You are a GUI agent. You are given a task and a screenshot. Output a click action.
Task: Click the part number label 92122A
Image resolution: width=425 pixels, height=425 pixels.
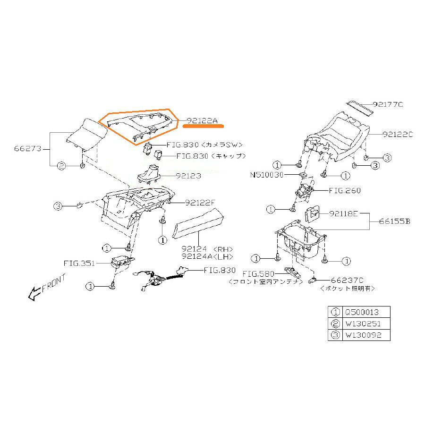202,120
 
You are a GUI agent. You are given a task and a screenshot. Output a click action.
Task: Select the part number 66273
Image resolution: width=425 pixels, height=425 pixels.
28,149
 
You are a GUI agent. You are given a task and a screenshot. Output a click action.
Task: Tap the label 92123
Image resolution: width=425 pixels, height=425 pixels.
188,176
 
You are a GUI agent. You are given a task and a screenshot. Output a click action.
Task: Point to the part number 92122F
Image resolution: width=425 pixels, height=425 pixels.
200,203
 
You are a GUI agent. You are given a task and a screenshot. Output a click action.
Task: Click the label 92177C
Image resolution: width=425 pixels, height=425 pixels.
388,104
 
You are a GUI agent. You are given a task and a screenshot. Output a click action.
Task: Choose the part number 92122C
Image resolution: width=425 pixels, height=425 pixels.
398,135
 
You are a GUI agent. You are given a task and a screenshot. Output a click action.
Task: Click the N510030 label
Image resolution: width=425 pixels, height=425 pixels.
267,175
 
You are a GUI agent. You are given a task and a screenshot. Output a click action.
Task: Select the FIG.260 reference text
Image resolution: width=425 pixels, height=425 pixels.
345,191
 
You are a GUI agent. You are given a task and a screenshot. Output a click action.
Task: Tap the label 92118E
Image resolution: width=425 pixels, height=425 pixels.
344,214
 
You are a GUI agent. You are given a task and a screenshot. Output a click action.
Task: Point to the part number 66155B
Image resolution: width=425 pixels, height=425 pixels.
395,221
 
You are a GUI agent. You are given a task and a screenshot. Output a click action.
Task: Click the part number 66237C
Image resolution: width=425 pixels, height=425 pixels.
347,280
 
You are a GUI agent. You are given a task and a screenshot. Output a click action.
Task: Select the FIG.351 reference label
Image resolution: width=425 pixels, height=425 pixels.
79,263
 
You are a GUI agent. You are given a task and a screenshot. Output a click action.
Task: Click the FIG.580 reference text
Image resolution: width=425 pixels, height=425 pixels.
258,274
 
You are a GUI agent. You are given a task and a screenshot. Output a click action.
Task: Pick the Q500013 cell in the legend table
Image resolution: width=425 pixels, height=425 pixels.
362,312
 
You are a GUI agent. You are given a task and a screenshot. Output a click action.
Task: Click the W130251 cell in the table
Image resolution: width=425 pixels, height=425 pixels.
363,323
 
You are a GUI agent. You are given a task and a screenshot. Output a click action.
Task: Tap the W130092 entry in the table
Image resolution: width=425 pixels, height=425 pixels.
364,335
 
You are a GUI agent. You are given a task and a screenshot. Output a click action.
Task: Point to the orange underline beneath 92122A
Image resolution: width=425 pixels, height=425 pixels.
203,126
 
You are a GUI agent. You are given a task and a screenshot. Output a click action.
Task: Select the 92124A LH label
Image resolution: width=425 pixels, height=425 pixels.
208,256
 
